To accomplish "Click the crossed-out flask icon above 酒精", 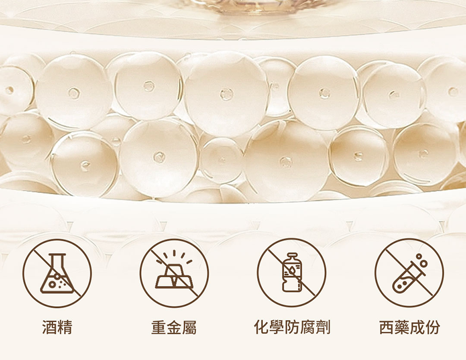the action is [57, 273].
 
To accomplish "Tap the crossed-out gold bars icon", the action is [174, 273].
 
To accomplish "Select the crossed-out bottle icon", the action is [291, 272].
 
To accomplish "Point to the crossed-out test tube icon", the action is [409, 272].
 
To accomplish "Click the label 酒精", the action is [57, 327].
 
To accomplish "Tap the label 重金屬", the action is [174, 327].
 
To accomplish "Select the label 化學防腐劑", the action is [292, 327].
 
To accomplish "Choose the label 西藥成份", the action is [410, 327].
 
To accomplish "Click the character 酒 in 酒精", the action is [49, 327].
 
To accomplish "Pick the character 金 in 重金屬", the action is [174, 327].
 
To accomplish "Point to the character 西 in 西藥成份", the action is [387, 327].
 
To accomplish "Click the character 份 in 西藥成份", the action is [433, 327].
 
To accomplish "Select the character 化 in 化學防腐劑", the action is [262, 327].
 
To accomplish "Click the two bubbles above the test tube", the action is [422, 260].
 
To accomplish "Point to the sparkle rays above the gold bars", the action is [174, 256].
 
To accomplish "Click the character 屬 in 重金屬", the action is [189, 327].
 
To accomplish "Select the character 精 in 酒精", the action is [65, 327].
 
